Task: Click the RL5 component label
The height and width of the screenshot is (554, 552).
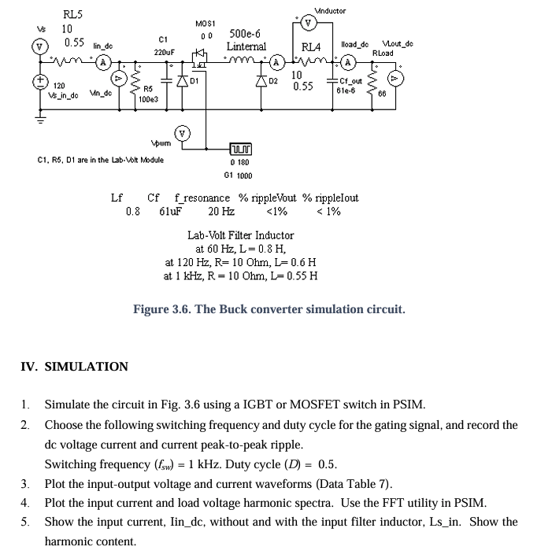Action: [x=73, y=14]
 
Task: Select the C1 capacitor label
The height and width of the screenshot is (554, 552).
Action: [x=163, y=39]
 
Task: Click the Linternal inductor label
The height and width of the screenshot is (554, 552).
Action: [x=246, y=46]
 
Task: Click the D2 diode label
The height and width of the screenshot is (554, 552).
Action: [x=274, y=81]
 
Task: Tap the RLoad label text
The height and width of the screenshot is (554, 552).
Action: [x=383, y=53]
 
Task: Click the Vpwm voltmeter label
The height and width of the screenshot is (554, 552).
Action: [x=161, y=144]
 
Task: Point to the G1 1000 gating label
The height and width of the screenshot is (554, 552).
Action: [x=238, y=175]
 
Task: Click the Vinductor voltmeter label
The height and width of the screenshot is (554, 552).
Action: [x=329, y=11]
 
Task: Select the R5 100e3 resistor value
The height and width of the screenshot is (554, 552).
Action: [x=148, y=100]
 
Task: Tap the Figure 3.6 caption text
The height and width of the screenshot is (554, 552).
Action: [x=269, y=309]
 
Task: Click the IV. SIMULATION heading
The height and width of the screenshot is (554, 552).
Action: [x=74, y=367]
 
